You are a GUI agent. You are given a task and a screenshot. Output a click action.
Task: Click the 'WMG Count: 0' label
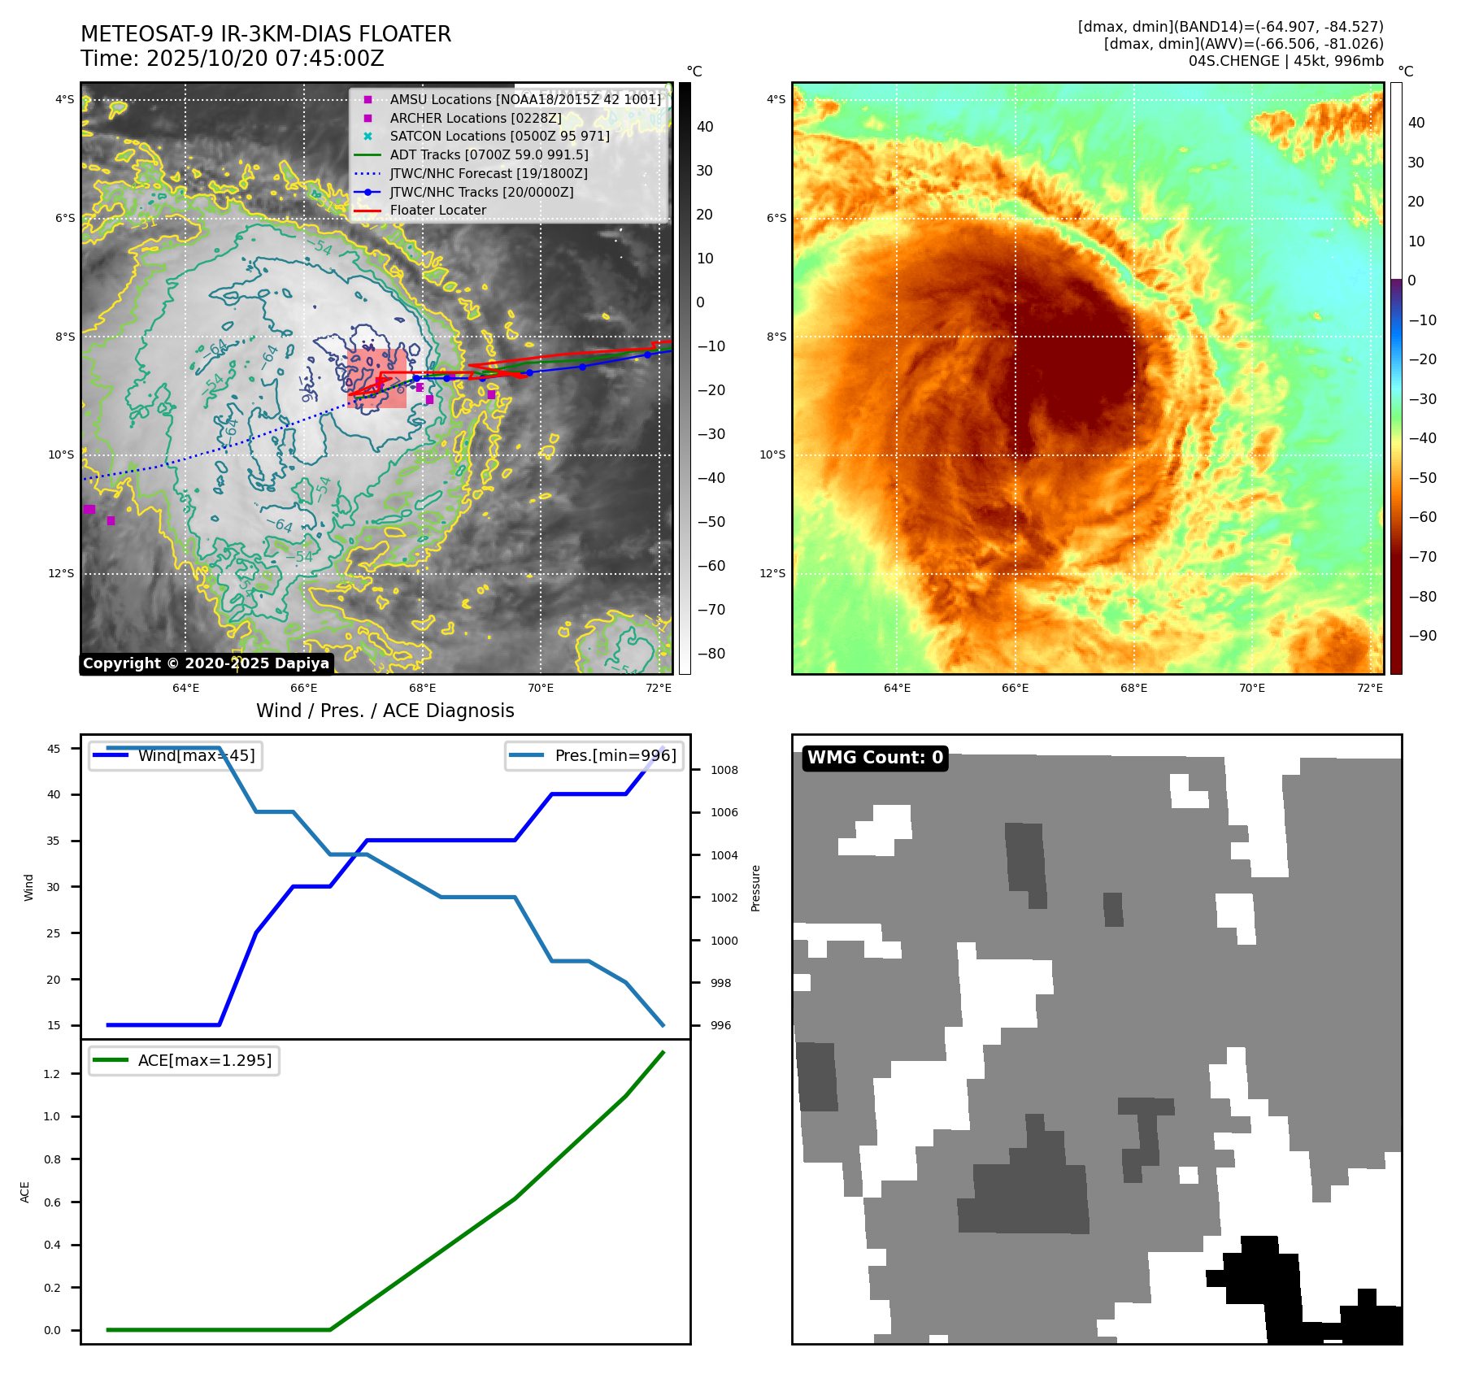tap(875, 758)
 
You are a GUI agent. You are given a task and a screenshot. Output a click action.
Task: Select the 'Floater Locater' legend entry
tap(437, 211)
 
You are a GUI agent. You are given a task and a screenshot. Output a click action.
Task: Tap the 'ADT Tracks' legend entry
tap(489, 154)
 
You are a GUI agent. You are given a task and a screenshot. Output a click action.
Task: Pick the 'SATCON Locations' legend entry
tap(499, 136)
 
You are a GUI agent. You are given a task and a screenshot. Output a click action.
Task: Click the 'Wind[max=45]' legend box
tap(176, 755)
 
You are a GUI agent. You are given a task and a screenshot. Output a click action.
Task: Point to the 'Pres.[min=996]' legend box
tap(594, 755)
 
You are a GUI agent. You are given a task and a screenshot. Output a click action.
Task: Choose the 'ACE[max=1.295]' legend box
tap(185, 1060)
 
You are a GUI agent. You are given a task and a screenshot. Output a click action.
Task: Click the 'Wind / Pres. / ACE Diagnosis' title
tap(385, 711)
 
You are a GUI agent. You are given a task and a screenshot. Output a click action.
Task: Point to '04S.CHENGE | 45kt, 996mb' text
tap(1285, 61)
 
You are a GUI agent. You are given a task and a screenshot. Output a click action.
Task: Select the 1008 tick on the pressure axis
tap(724, 770)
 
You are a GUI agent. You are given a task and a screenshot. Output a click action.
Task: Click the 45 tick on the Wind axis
tap(54, 749)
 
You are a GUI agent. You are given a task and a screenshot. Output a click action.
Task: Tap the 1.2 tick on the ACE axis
tap(52, 1074)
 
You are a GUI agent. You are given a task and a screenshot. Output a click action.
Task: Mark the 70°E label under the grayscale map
tap(541, 688)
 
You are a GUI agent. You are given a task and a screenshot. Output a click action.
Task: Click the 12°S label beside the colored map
tap(772, 573)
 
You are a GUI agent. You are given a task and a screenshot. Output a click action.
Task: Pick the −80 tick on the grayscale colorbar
tap(711, 654)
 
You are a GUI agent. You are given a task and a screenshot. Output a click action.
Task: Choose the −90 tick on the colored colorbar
tap(1422, 636)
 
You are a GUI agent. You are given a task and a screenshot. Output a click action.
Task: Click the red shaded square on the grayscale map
tap(376, 378)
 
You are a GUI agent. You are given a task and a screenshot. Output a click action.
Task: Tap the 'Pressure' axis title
tap(755, 888)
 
